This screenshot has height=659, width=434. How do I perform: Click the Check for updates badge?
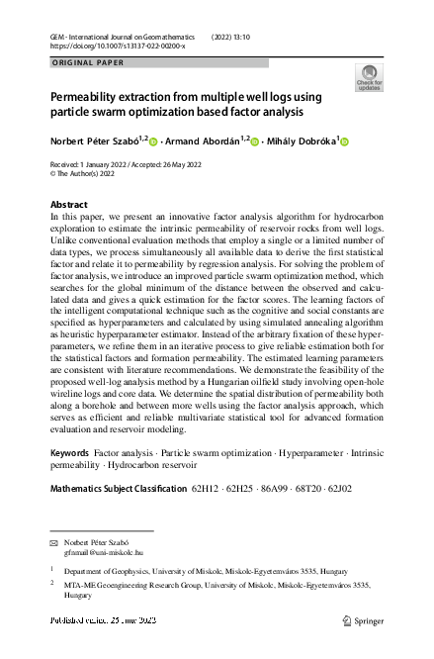point(369,78)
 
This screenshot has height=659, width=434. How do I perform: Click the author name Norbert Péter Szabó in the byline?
point(93,141)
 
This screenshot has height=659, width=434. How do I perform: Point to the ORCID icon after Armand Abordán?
point(256,141)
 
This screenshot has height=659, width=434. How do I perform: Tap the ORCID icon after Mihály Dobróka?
point(344,141)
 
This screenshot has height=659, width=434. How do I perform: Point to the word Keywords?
point(68,451)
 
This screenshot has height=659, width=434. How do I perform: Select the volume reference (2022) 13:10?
point(232,37)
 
